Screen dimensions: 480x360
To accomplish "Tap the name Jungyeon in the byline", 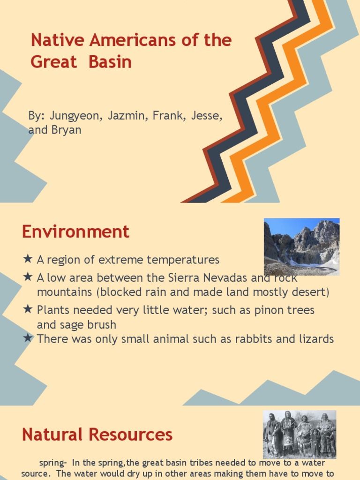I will pyautogui.click(x=73, y=116).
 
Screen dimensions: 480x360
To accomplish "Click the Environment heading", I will pyautogui.click(x=75, y=232).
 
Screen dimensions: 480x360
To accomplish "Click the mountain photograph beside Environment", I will pyautogui.click(x=301, y=247).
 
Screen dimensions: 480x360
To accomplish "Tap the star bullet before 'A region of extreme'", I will pyautogui.click(x=28, y=259).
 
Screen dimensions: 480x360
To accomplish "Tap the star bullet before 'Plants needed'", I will pyautogui.click(x=28, y=309).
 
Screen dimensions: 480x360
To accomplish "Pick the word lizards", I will pyautogui.click(x=316, y=338).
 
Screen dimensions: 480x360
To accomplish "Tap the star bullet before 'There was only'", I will pyautogui.click(x=28, y=337).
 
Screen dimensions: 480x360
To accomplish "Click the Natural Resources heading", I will pyautogui.click(x=97, y=435).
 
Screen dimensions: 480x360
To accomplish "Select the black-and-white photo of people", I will pyautogui.click(x=300, y=434).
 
